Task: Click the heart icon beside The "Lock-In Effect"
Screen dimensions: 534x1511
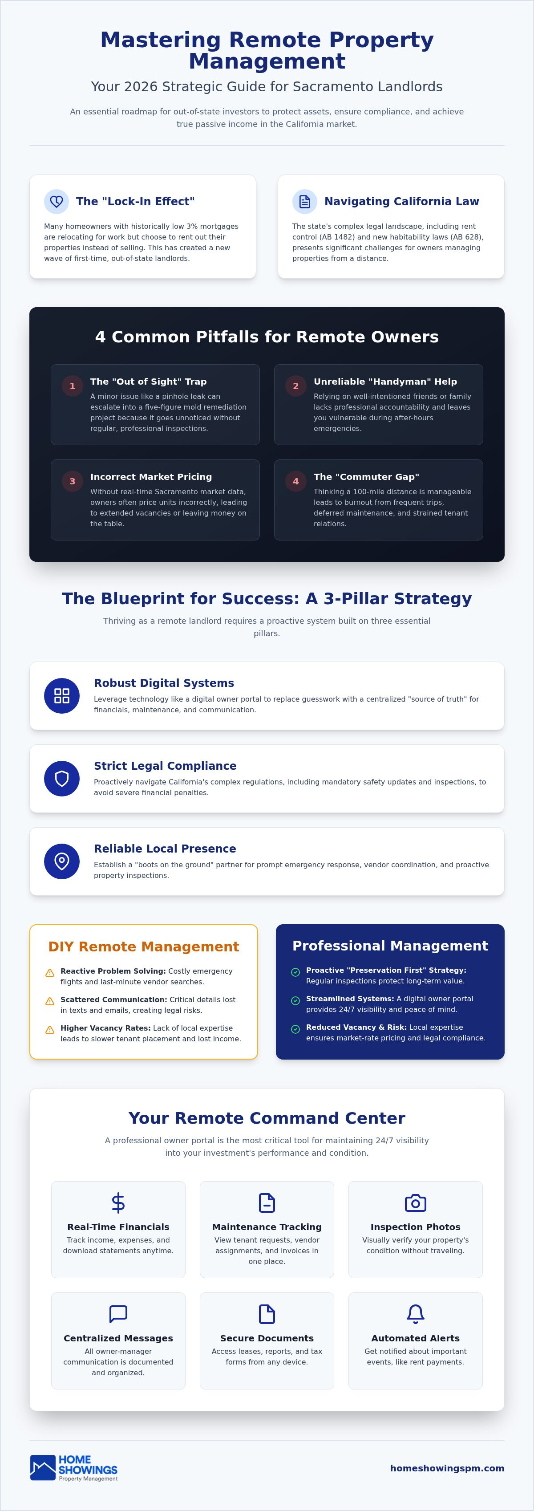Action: [56, 202]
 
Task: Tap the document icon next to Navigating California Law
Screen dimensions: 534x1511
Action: [305, 202]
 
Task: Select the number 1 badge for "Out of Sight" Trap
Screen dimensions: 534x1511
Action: [73, 386]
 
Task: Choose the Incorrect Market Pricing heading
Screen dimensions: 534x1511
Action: [151, 477]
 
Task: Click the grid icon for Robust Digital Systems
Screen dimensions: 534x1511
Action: [61, 696]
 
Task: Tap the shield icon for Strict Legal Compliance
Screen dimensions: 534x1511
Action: [61, 778]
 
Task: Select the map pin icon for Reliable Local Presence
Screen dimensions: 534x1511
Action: [61, 861]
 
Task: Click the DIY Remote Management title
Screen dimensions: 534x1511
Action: [144, 947]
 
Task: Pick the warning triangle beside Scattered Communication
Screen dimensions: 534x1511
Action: [50, 1001]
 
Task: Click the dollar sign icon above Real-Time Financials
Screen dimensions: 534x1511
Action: [118, 1202]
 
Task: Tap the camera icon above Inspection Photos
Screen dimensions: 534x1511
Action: [416, 1203]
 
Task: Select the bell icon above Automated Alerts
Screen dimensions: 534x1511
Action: [416, 1314]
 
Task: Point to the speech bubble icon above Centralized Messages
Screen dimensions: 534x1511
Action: [118, 1314]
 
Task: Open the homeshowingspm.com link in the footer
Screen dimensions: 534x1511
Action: [447, 1468]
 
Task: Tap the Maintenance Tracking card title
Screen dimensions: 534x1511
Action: [267, 1227]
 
